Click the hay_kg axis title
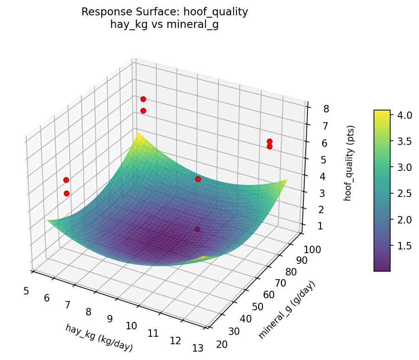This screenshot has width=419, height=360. click(x=99, y=338)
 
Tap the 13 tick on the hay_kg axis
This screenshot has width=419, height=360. click(x=197, y=348)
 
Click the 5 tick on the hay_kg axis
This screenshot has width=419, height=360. click(x=26, y=291)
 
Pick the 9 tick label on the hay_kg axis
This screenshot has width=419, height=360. click(x=110, y=319)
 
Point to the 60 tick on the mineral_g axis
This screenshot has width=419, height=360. click(x=268, y=295)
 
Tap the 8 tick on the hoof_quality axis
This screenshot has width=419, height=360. click(x=326, y=109)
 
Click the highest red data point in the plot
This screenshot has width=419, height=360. click(x=143, y=99)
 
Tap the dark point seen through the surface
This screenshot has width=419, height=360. click(x=197, y=229)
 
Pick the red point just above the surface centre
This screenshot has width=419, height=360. click(x=198, y=179)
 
